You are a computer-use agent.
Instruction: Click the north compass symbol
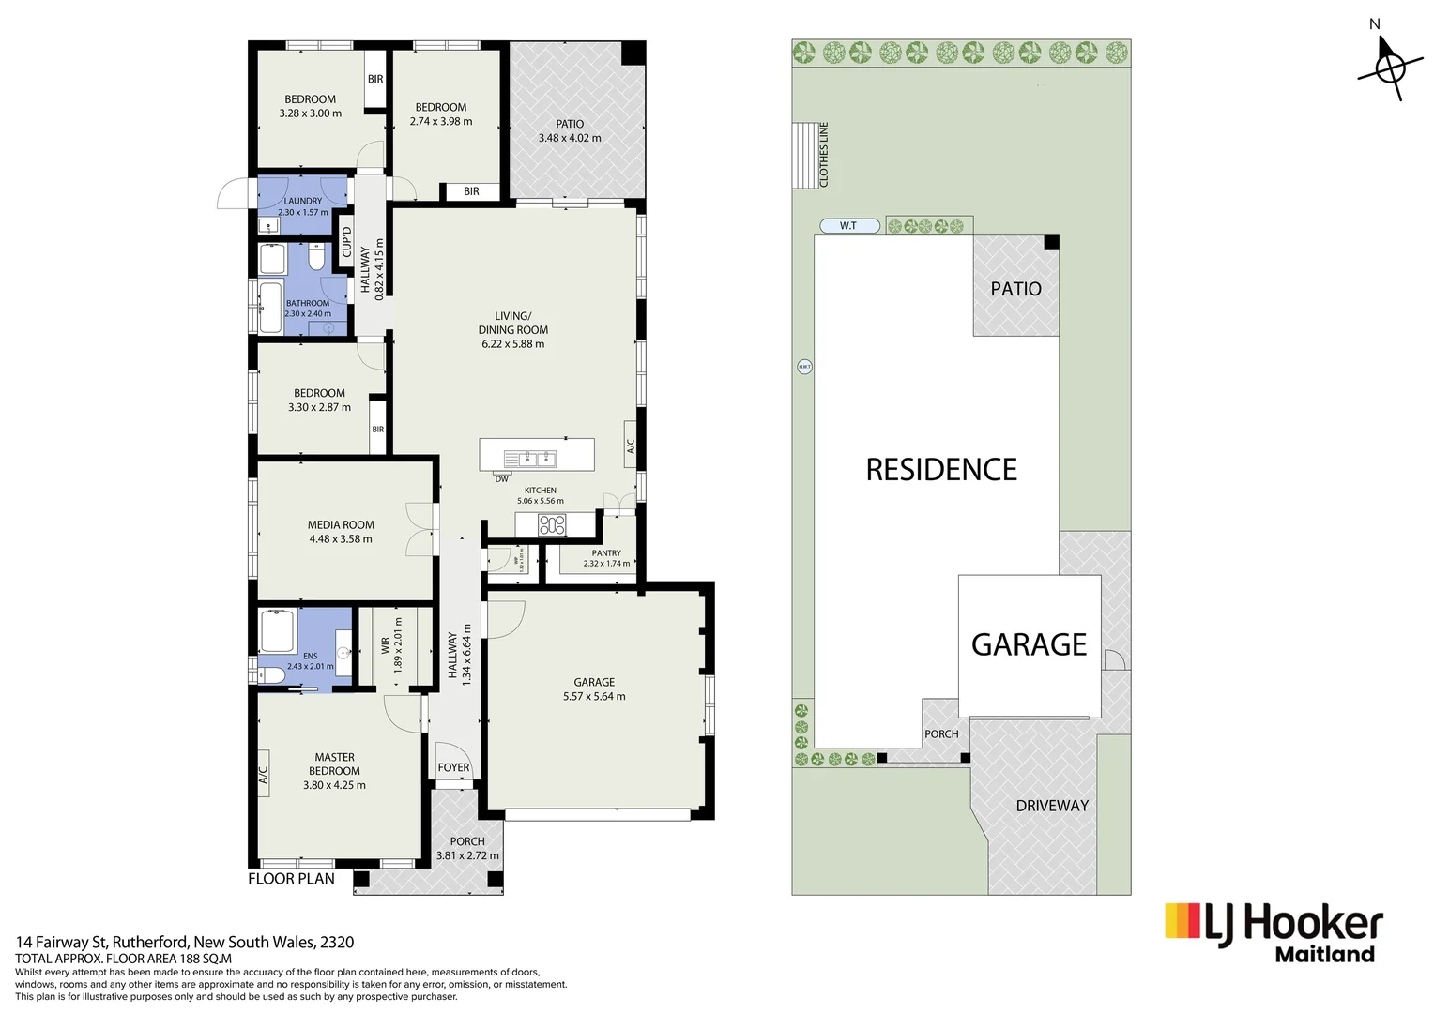click(1389, 68)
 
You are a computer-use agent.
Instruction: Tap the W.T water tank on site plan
click(849, 226)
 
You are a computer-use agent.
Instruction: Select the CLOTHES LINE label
click(824, 155)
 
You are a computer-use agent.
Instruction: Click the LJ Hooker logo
click(1274, 931)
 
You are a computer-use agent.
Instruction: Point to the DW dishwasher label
click(502, 479)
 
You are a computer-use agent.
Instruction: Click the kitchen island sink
click(530, 459)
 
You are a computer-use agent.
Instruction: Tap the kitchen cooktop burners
click(552, 525)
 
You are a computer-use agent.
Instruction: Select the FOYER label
click(453, 767)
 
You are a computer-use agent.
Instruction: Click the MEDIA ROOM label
click(341, 525)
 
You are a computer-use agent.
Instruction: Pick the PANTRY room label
click(606, 553)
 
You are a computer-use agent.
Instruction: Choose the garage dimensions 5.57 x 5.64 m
click(594, 696)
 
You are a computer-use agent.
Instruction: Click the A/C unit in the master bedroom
click(264, 775)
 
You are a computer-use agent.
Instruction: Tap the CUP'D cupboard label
click(346, 242)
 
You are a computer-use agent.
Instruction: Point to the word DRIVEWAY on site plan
click(1052, 806)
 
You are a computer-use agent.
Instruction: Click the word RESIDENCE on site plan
click(941, 470)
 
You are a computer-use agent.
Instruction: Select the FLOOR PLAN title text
click(291, 879)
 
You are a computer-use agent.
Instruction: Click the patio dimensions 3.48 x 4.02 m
click(570, 138)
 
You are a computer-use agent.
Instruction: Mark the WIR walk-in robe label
click(385, 645)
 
